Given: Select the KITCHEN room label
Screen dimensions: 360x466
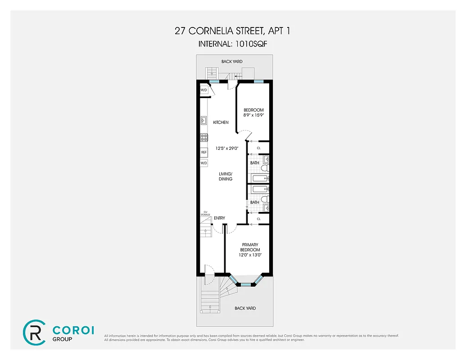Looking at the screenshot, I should pos(221,122).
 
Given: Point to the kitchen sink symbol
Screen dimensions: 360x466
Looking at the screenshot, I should pos(204,121).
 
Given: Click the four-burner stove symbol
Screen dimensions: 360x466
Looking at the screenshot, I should pos(204,138).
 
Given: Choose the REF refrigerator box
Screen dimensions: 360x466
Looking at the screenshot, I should pos(204,153).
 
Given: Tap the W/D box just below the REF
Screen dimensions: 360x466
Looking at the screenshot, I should pos(204,163).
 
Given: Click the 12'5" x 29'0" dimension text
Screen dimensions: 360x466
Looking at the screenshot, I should pos(221,148).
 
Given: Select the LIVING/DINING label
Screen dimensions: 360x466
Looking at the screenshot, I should pos(225,176).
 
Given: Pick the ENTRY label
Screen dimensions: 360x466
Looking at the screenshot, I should pos(219,218).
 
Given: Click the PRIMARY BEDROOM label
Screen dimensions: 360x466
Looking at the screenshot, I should pos(250,247).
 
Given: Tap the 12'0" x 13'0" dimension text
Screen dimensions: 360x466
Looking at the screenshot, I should pos(250,255).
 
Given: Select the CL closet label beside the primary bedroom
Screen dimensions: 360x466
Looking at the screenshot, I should pos(258,219).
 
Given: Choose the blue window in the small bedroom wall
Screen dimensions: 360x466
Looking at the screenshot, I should pos(258,81).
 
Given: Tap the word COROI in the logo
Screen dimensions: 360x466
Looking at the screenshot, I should pos(73,330).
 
